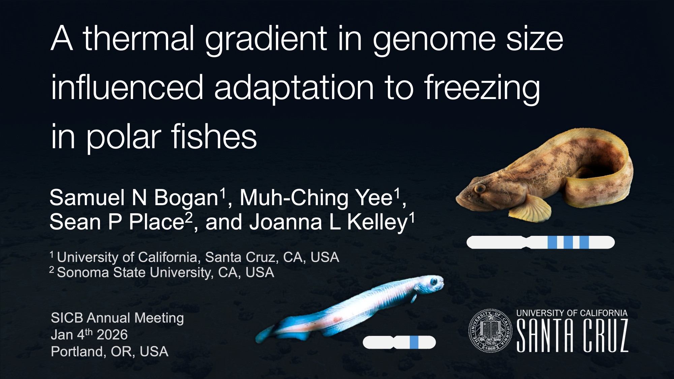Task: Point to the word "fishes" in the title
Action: coord(214,137)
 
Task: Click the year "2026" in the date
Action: coord(112,335)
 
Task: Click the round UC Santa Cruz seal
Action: coord(490,331)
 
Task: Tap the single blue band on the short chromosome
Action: coord(414,342)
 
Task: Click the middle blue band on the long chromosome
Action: coord(569,243)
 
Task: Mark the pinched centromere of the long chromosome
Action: coord(526,243)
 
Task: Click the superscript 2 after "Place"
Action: coord(189,217)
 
